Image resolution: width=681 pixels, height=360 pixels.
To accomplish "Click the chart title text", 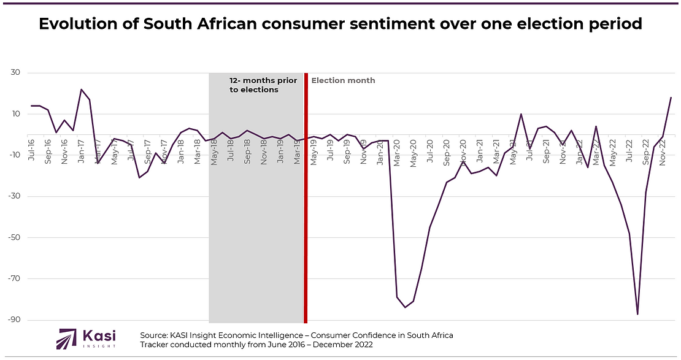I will tap(340, 24).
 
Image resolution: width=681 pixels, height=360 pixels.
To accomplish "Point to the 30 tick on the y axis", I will tap(15, 73).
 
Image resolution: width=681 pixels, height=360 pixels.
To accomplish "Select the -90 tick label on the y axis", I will tap(13, 320).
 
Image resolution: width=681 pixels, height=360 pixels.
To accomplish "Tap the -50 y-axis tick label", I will tap(13, 238).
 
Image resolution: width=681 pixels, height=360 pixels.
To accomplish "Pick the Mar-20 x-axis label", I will tap(397, 151).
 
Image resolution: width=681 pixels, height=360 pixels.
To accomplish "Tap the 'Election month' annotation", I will tap(343, 80).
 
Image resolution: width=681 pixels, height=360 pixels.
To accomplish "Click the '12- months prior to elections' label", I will tap(263, 85).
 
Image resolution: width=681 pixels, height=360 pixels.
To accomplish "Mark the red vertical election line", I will tap(306, 202).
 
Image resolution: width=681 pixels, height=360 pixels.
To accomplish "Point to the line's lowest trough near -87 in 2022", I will tap(637, 314).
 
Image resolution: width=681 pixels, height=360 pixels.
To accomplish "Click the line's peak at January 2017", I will tap(81, 90).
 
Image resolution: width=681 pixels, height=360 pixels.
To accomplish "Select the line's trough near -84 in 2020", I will tap(405, 307).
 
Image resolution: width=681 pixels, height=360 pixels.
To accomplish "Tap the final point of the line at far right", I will tap(671, 98).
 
